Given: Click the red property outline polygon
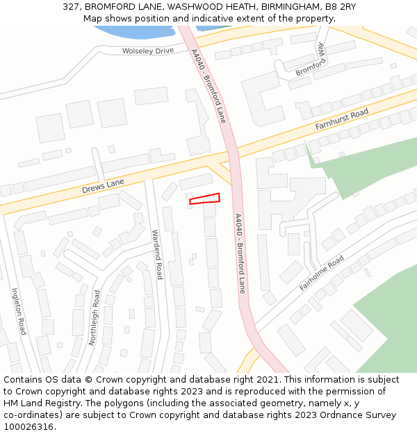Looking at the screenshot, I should (205, 199).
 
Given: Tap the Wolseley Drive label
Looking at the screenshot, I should (148, 51).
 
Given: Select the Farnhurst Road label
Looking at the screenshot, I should (341, 120).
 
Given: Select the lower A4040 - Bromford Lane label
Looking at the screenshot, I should (240, 253).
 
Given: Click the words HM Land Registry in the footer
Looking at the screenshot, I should (38, 403).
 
